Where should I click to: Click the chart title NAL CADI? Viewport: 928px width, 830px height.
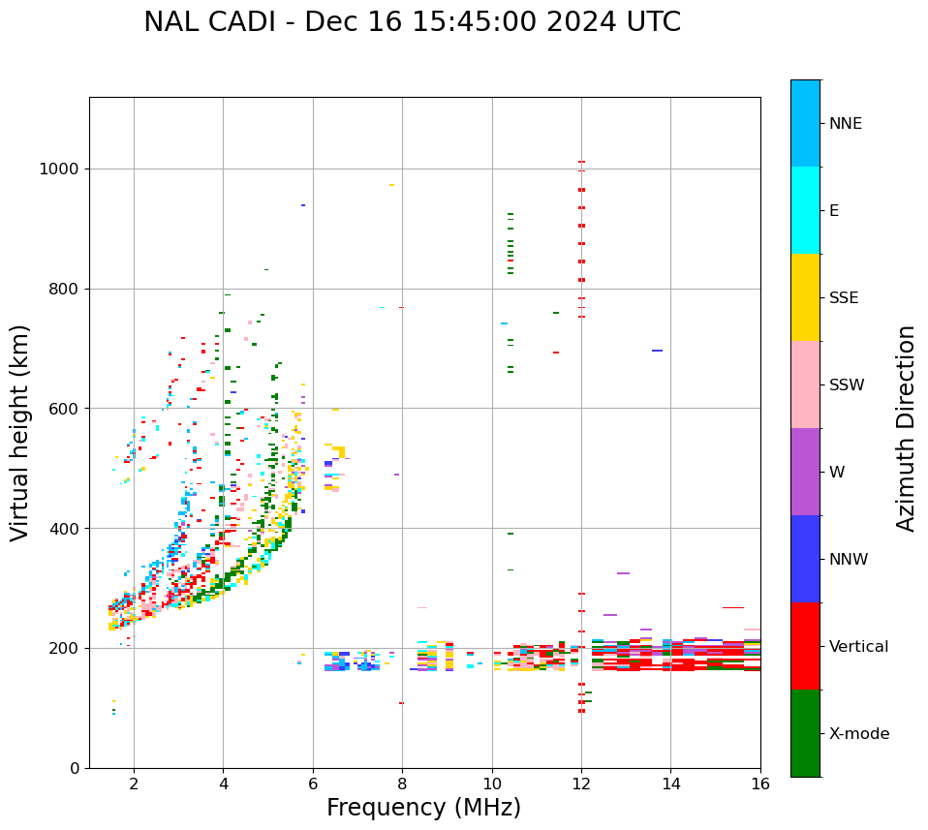[x=412, y=22]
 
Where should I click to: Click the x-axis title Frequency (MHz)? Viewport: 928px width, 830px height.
[x=423, y=808]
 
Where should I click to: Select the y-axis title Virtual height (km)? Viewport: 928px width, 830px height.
[x=20, y=432]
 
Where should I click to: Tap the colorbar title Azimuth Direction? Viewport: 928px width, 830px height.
[x=906, y=428]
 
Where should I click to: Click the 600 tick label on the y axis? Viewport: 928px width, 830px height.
[x=65, y=409]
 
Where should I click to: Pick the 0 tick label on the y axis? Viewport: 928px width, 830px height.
[x=74, y=768]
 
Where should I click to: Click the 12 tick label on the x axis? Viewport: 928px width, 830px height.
[x=581, y=784]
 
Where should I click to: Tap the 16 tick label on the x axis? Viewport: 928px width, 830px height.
[x=760, y=784]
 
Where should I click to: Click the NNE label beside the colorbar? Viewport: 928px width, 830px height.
[x=845, y=124]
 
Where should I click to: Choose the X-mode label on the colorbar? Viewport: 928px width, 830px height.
[x=859, y=734]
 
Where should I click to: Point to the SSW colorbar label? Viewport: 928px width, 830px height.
[x=847, y=385]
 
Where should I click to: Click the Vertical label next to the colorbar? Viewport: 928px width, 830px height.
[x=858, y=647]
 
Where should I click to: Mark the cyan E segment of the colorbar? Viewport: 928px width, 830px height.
[x=805, y=210]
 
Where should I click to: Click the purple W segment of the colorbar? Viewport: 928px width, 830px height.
[x=805, y=472]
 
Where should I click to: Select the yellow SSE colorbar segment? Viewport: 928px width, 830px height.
[x=805, y=297]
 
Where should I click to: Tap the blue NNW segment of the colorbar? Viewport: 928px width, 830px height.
[x=805, y=559]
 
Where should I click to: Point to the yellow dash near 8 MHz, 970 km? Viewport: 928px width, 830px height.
[x=391, y=185]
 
